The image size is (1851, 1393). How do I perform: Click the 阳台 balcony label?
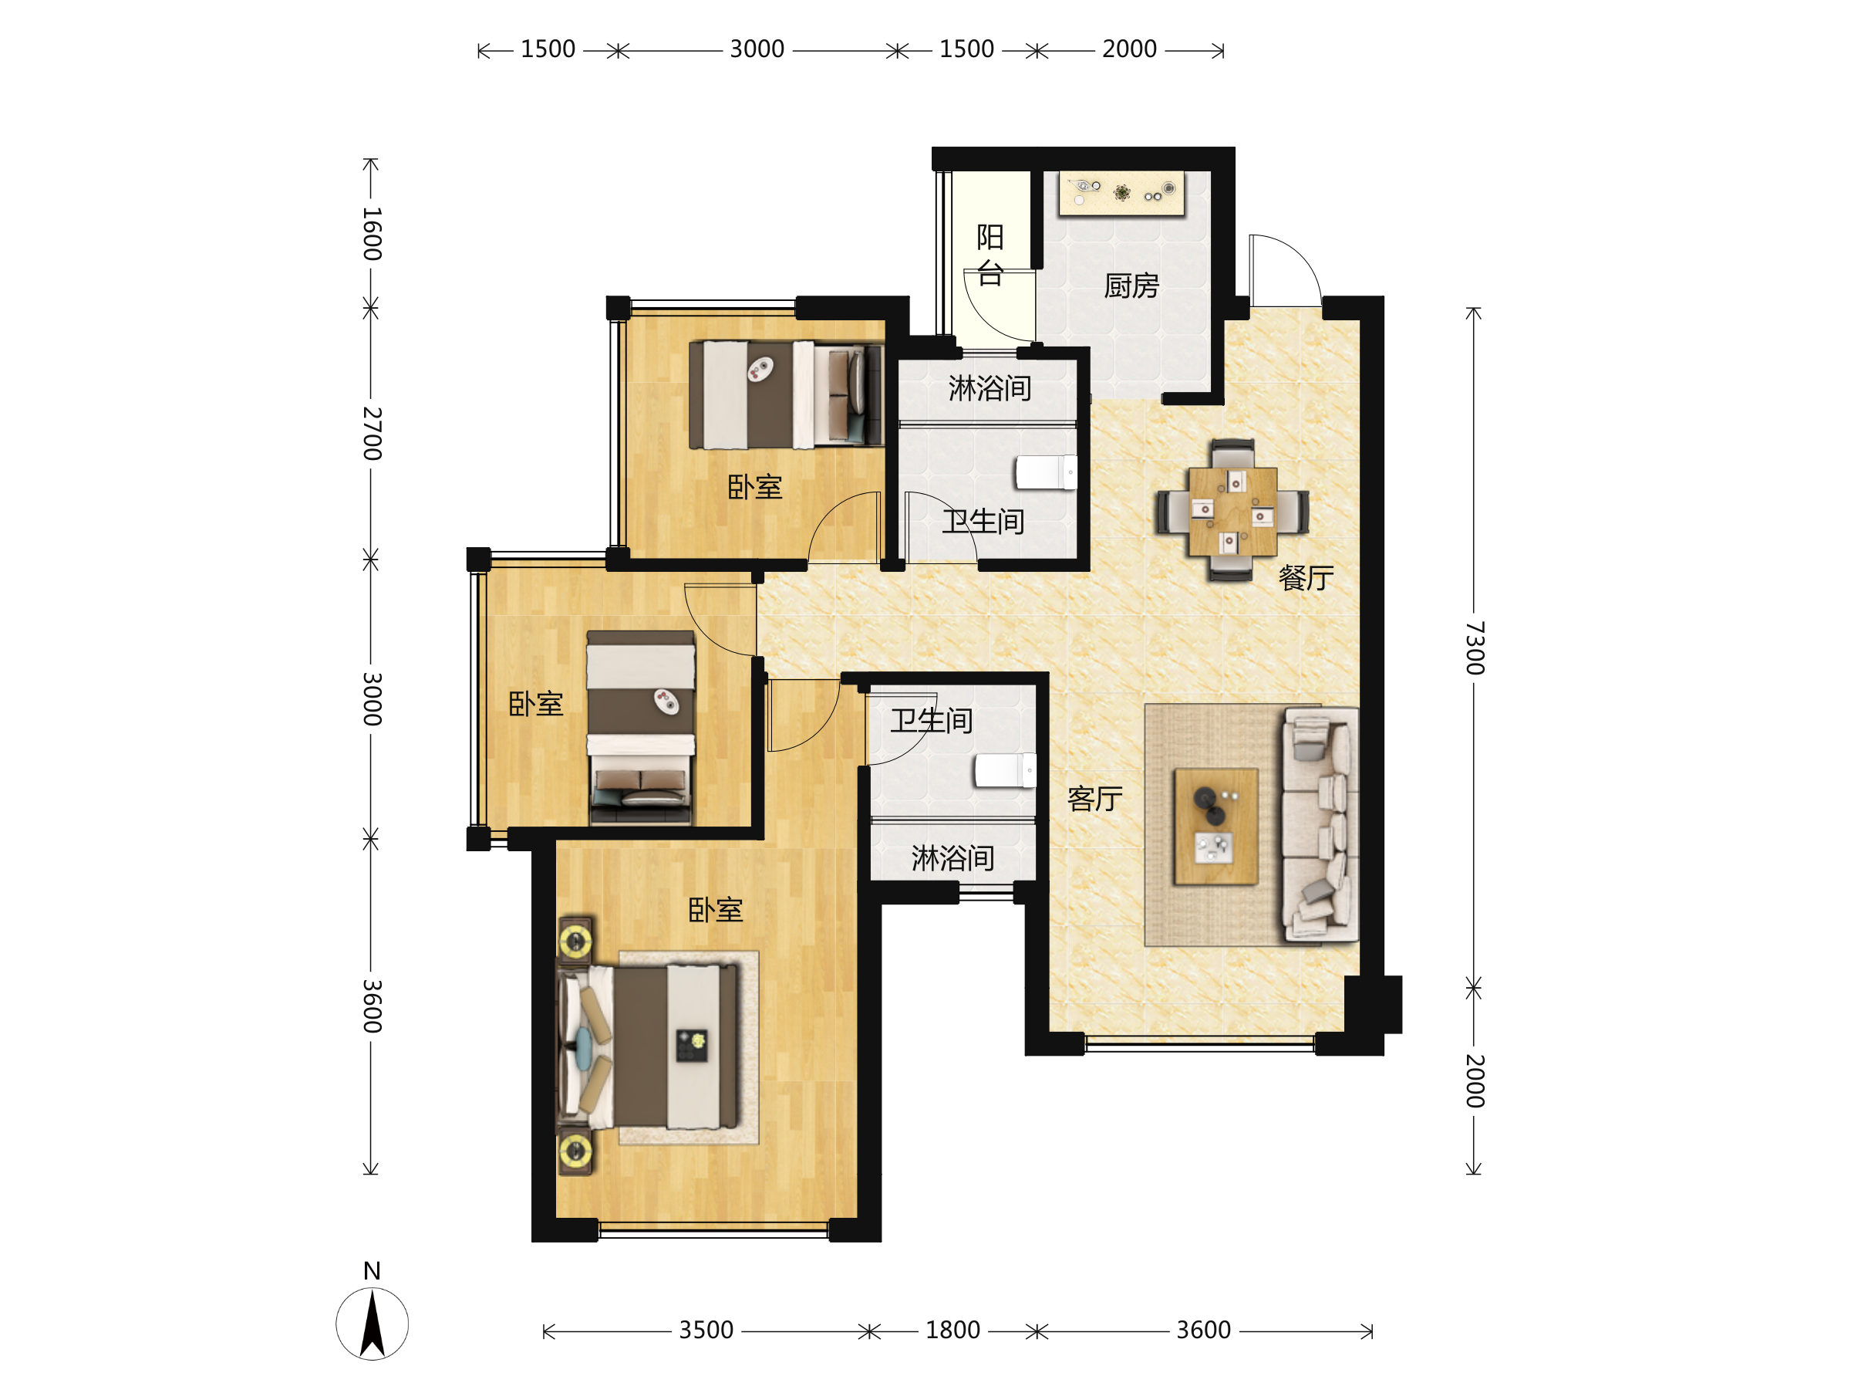990,255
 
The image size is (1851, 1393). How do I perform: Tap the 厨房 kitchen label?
1131,286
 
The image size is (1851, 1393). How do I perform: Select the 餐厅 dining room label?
1306,577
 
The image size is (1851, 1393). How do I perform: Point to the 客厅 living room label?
1094,799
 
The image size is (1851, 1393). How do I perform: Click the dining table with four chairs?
1232,511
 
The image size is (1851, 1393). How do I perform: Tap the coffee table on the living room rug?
1215,827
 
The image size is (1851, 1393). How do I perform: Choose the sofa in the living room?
1320,824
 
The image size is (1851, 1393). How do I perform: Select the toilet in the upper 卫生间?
1046,472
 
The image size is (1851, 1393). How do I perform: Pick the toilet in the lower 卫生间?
1005,770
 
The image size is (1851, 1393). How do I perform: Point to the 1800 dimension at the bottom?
952,1330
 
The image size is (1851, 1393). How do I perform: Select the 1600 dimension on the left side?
372,235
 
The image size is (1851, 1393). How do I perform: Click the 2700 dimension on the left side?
372,434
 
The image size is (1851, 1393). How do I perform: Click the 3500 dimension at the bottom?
706,1330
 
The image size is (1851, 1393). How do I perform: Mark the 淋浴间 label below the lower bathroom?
953,858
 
